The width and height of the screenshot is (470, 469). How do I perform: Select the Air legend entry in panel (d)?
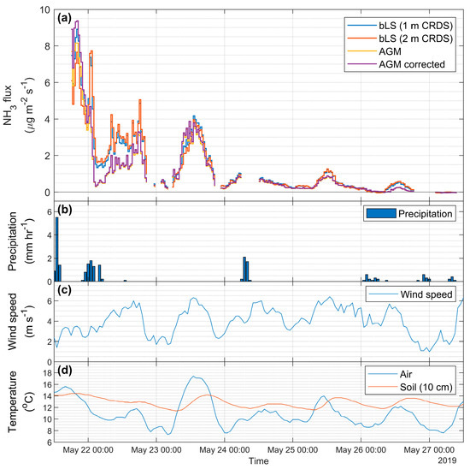point(403,374)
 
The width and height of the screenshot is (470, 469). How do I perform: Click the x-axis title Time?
point(259,461)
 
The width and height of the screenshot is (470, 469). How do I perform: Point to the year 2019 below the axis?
point(449,461)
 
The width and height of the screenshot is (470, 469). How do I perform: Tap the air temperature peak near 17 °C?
point(195,377)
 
